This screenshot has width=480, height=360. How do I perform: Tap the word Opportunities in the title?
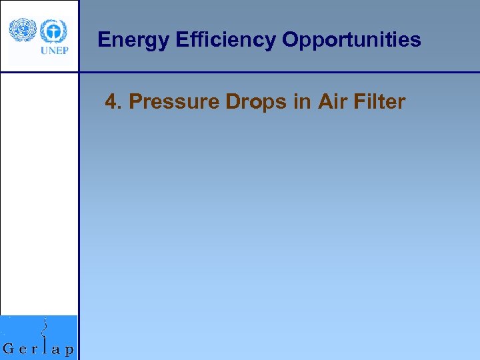pyautogui.click(x=351, y=41)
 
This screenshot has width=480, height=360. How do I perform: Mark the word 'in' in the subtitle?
pyautogui.click(x=302, y=102)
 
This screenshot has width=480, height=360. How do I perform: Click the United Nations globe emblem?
pyautogui.click(x=22, y=31)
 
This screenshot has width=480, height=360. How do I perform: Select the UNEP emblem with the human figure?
pyautogui.click(x=54, y=31)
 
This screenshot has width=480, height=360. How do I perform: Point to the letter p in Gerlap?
pyautogui.click(x=70, y=350)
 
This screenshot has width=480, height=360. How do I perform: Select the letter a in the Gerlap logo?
pyautogui.click(x=58, y=349)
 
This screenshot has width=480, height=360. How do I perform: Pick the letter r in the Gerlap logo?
pyautogui.click(x=35, y=349)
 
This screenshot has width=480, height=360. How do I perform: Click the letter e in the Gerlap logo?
pyautogui.click(x=23, y=349)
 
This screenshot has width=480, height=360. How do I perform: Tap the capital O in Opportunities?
pyautogui.click(x=290, y=41)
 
